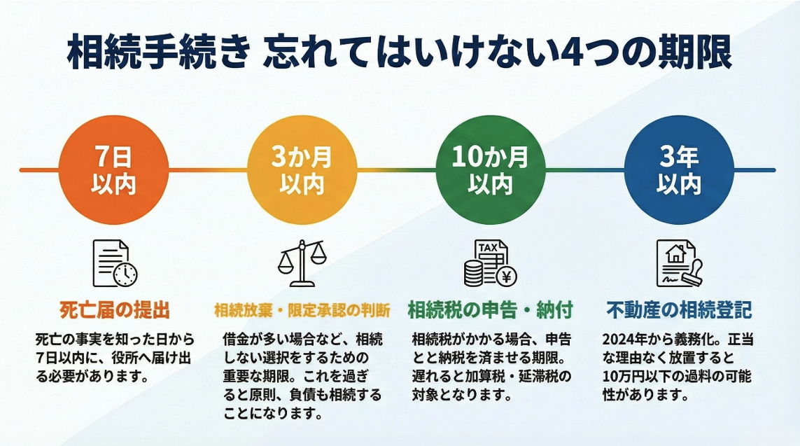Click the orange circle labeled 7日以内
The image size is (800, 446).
[x=113, y=170]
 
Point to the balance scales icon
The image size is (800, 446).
[x=302, y=262]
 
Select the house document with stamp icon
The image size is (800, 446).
[x=677, y=263]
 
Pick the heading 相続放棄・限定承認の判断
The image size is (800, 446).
[x=302, y=309]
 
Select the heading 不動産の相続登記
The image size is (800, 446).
[x=678, y=309]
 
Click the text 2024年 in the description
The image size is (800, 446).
[x=622, y=340]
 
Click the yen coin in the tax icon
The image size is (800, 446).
[x=505, y=277]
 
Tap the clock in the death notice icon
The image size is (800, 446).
[x=126, y=275]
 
